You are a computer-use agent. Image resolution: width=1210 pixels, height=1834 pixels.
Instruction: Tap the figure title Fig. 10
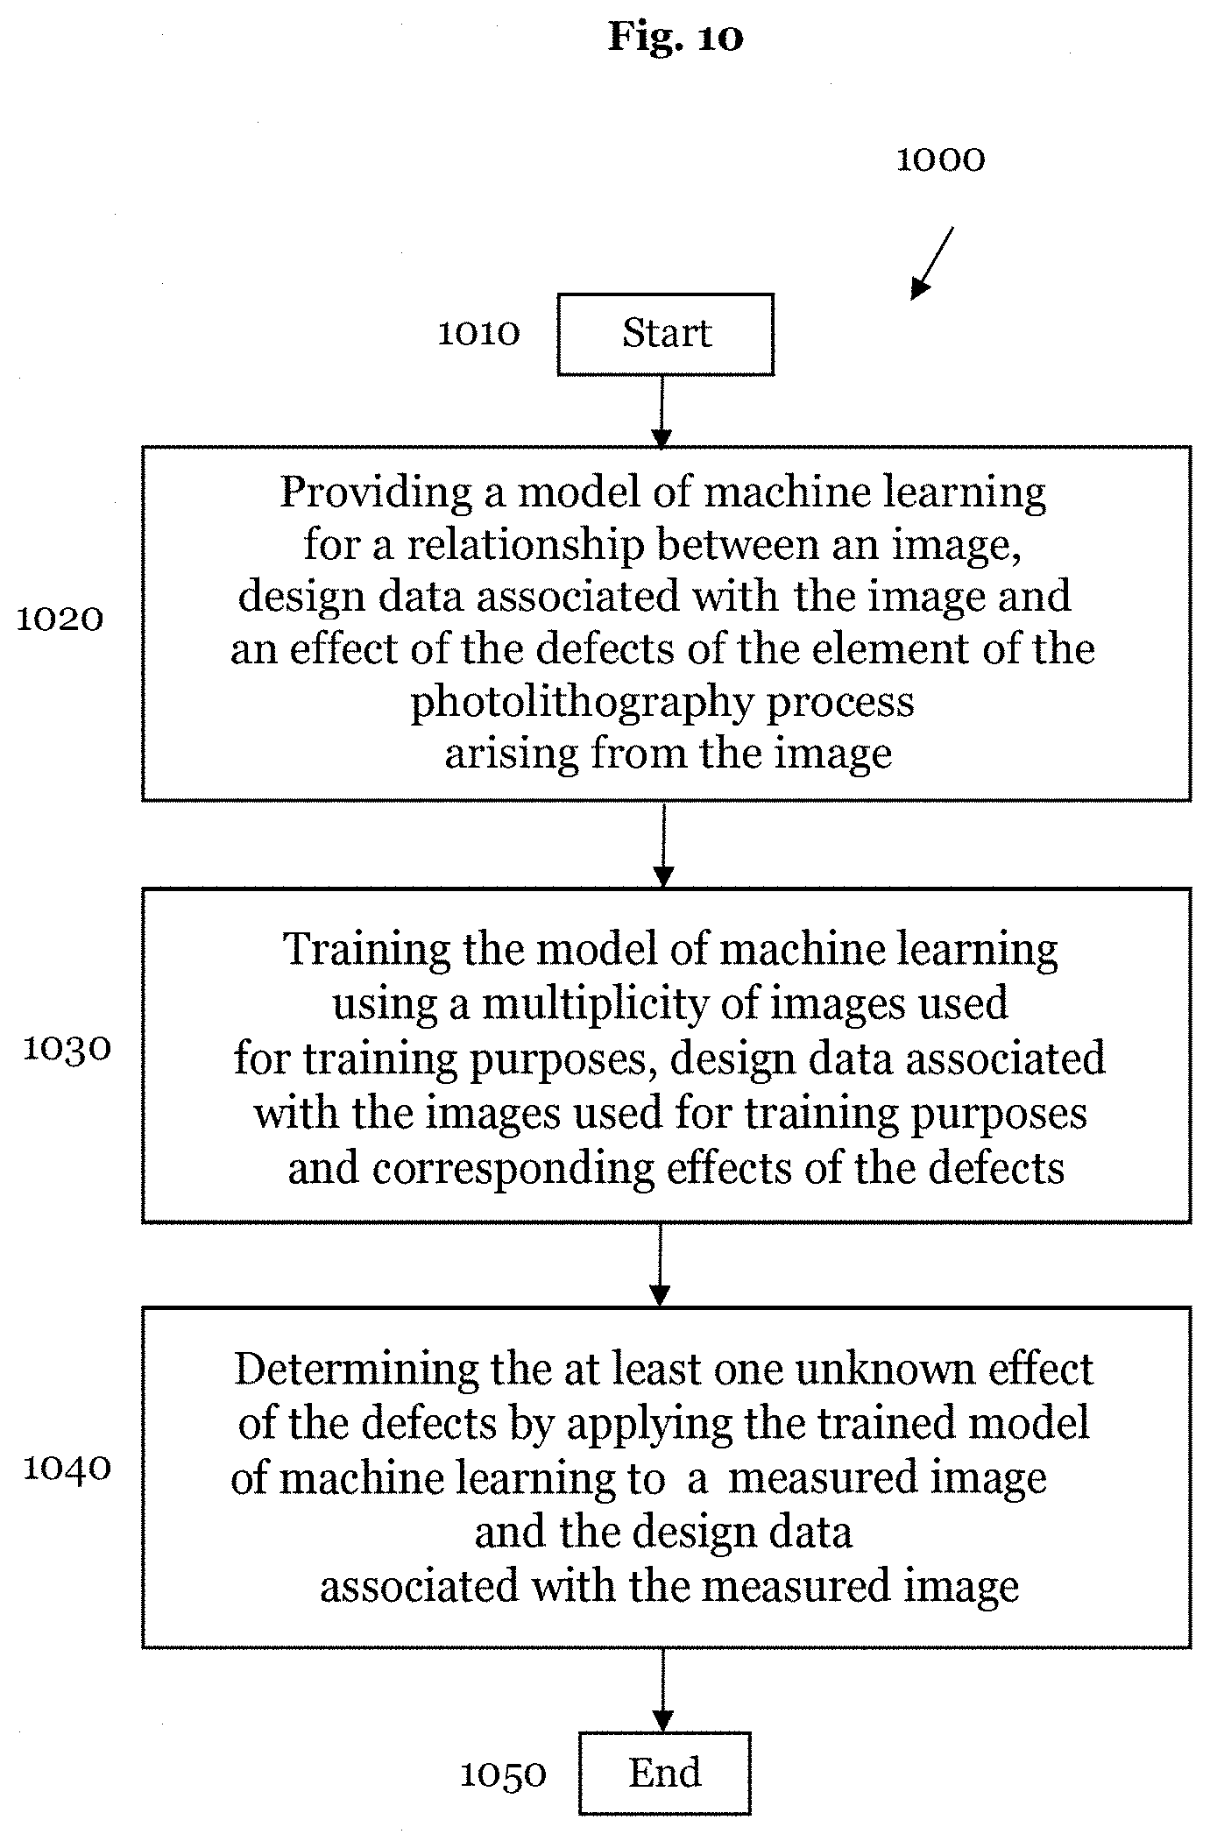676,38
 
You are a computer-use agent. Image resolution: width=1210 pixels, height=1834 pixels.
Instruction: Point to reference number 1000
940,159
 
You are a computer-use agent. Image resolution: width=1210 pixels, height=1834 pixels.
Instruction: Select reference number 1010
478,333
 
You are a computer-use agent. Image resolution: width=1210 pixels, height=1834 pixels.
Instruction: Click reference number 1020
60,620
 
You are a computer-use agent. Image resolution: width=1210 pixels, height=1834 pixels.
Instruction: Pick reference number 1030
67,1048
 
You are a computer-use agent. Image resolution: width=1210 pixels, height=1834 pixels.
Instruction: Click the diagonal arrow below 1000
932,263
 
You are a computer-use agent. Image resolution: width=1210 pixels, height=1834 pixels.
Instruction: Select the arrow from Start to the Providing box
663,412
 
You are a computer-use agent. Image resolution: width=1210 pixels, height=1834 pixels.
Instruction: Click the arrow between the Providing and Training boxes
664,845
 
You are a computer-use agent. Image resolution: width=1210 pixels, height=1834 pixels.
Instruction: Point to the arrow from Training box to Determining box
662,1264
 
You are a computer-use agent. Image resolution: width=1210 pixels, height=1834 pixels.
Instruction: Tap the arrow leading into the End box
663,1690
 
